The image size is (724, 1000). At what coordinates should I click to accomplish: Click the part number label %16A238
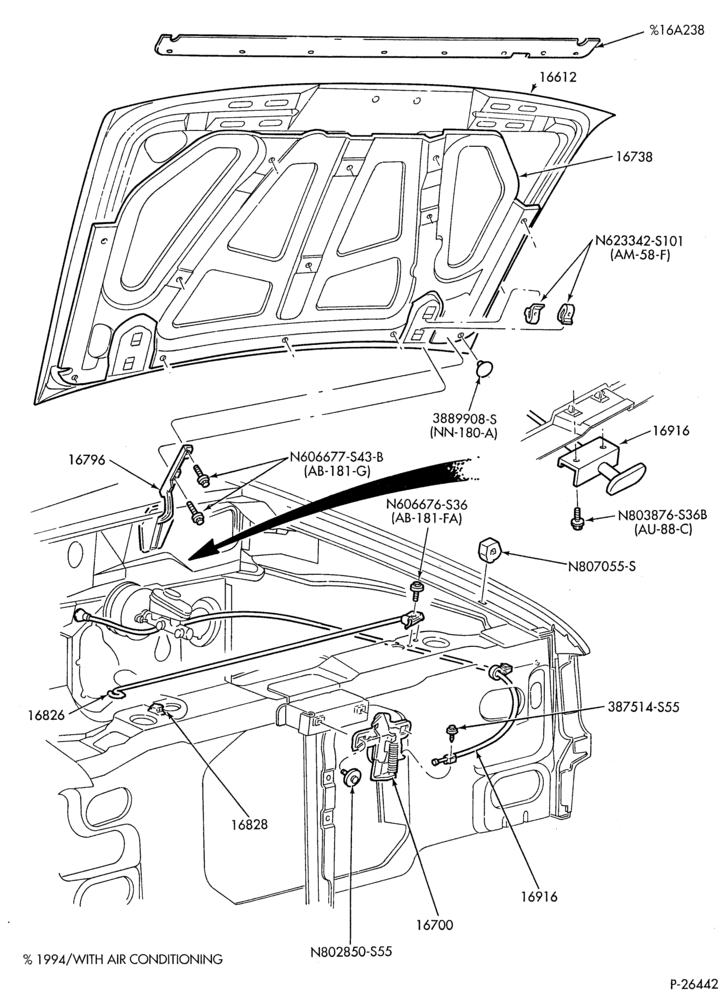(677, 30)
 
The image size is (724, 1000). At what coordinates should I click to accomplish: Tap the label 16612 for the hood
(558, 77)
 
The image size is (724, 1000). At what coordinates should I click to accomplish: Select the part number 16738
(634, 156)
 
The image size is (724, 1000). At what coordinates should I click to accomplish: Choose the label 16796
(88, 460)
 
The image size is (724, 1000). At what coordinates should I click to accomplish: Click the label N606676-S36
(426, 505)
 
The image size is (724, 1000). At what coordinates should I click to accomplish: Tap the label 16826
(46, 715)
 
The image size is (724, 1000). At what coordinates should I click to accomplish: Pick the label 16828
(249, 825)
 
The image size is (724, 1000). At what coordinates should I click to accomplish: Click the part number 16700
(435, 924)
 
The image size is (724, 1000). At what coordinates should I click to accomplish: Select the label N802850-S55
(351, 952)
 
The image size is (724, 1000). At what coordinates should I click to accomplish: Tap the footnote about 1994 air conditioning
(123, 959)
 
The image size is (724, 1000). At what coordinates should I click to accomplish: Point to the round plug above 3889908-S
(485, 368)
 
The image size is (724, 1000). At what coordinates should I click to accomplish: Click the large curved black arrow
(332, 504)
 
